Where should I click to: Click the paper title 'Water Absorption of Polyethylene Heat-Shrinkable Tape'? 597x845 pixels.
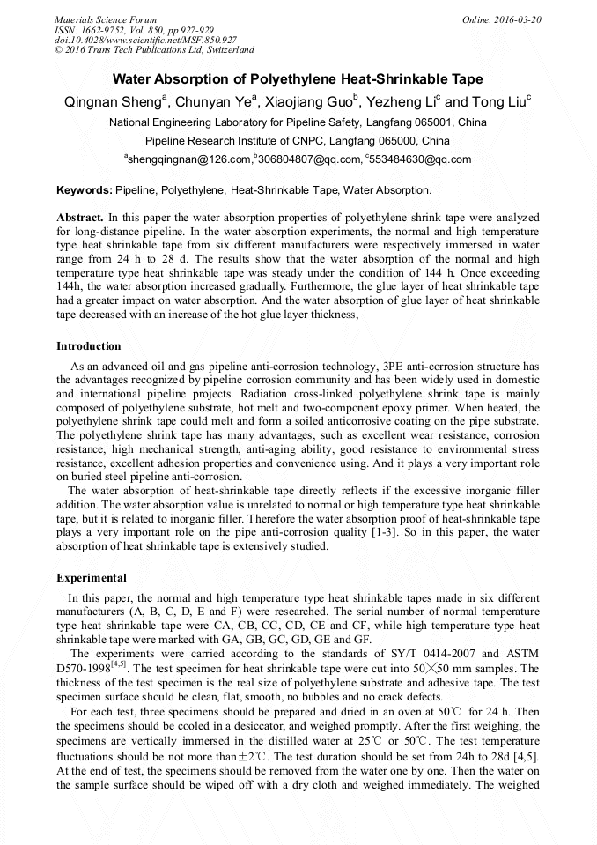298,78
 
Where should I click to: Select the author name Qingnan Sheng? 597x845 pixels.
112,102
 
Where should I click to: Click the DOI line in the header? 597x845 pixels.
145,41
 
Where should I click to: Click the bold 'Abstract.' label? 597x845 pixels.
80,217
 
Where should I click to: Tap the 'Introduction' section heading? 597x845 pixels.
89,346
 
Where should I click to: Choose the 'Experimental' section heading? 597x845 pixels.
92,578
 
